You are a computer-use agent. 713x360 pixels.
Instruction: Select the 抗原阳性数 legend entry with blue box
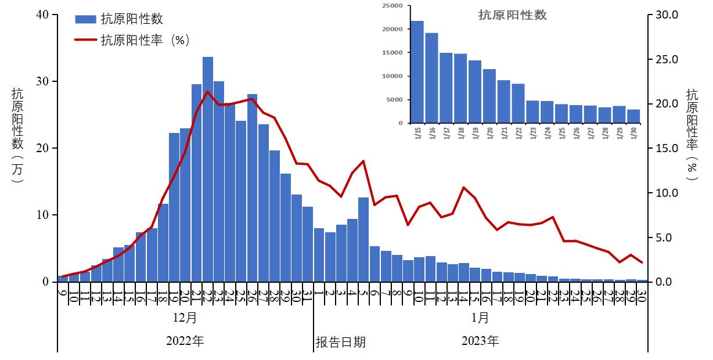pyautogui.click(x=119, y=19)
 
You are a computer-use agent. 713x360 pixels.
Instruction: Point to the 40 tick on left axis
pyautogui.click(x=42, y=15)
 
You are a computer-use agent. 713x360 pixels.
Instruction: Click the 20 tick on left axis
pyautogui.click(x=42, y=148)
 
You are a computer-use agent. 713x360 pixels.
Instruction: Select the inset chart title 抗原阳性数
pyautogui.click(x=513, y=15)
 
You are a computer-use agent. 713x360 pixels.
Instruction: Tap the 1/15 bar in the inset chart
pyautogui.click(x=417, y=73)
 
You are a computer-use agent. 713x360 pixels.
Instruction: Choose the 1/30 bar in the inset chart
pyautogui.click(x=633, y=116)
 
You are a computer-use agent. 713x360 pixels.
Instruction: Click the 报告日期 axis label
pyautogui.click(x=341, y=341)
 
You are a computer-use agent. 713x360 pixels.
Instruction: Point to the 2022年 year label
pyautogui.click(x=185, y=341)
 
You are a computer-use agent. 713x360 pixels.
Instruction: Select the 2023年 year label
pyautogui.click(x=480, y=341)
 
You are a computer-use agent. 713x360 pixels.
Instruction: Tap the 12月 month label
pyautogui.click(x=185, y=318)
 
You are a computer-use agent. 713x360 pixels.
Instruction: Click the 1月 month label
pyautogui.click(x=480, y=318)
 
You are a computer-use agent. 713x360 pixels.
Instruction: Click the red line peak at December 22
pyautogui.click(x=208, y=92)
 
